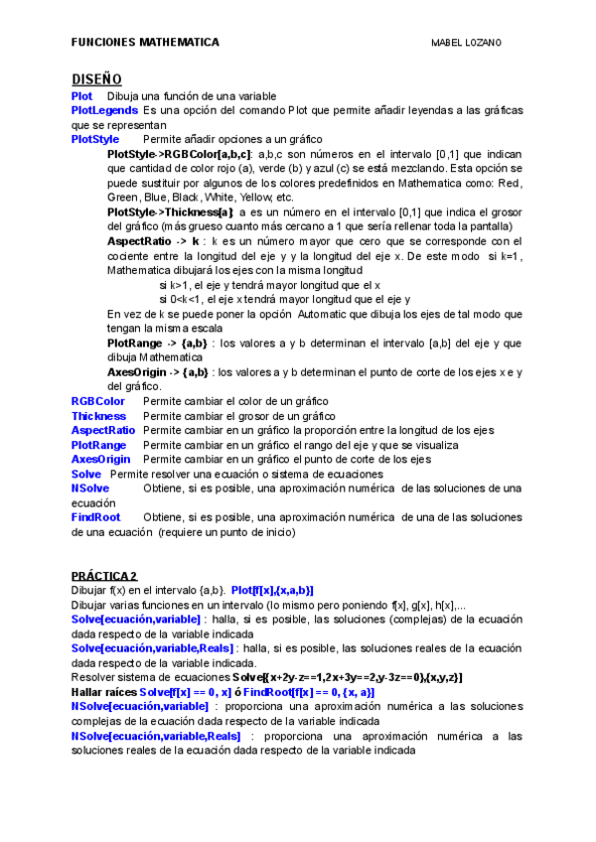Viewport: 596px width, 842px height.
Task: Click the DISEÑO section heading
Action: (x=96, y=78)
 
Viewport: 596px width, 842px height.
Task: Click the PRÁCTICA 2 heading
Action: (x=104, y=576)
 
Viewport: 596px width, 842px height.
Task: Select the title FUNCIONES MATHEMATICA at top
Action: (x=145, y=43)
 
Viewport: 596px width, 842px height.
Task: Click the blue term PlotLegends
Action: (x=104, y=110)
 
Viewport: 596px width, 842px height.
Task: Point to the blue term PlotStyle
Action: (x=94, y=139)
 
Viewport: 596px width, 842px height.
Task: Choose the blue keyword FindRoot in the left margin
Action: (x=95, y=517)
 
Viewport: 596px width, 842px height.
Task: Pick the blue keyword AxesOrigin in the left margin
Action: (x=100, y=460)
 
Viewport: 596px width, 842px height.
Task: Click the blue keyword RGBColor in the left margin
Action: (x=97, y=401)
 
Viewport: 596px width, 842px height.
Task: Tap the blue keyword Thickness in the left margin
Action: (x=98, y=416)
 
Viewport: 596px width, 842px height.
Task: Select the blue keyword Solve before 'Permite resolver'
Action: (x=86, y=475)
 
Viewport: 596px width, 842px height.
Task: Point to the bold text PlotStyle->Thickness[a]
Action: (x=170, y=212)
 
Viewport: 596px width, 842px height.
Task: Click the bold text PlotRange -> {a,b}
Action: (x=157, y=343)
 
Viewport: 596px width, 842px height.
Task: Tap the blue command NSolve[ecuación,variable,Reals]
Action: (x=156, y=736)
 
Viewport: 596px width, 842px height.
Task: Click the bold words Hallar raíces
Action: (x=103, y=692)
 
